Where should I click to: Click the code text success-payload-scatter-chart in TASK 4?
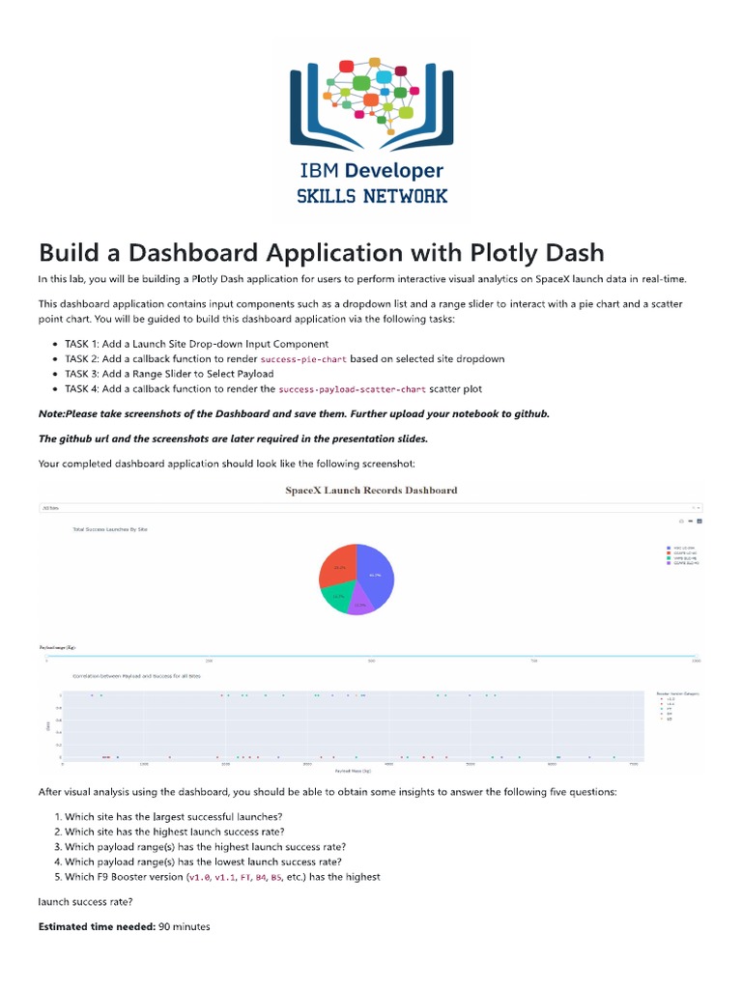coord(352,389)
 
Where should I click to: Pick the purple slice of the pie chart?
coord(360,605)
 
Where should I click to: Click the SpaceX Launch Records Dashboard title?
coord(371,490)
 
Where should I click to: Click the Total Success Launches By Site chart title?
coord(110,529)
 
